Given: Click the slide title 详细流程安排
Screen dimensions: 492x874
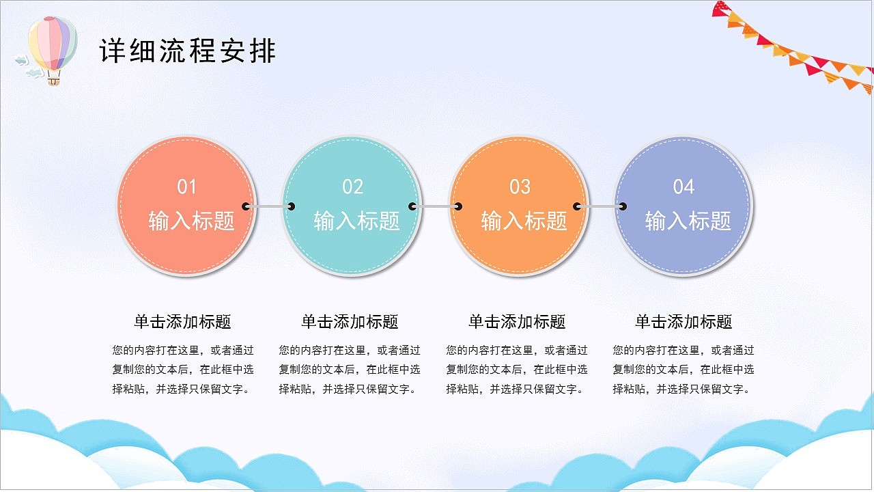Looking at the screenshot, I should pyautogui.click(x=188, y=52).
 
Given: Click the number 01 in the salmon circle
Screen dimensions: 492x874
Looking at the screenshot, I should pyautogui.click(x=187, y=187).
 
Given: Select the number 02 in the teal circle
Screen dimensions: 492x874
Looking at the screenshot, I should pyautogui.click(x=353, y=187).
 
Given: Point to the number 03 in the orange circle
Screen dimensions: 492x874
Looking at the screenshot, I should pyautogui.click(x=520, y=187).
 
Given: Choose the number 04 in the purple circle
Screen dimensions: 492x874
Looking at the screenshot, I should pyautogui.click(x=683, y=187).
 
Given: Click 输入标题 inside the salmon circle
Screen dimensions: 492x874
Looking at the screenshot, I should pyautogui.click(x=191, y=221).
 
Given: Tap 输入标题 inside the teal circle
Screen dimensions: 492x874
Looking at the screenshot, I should pyautogui.click(x=356, y=221).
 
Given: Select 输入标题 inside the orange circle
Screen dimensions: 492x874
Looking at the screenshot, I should pyautogui.click(x=524, y=221).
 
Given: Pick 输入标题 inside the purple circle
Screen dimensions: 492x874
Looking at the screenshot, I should pyautogui.click(x=688, y=221).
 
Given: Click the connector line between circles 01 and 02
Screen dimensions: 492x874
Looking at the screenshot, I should pyautogui.click(x=268, y=206).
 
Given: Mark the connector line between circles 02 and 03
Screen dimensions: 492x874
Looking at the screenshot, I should pyautogui.click(x=436, y=206).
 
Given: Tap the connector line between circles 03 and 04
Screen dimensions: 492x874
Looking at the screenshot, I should pyautogui.click(x=600, y=206).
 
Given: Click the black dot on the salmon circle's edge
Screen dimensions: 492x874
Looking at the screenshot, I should pyautogui.click(x=246, y=206).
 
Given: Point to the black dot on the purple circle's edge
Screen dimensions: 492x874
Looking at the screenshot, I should pyautogui.click(x=622, y=206).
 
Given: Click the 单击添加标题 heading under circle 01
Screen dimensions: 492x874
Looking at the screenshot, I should pyautogui.click(x=182, y=322).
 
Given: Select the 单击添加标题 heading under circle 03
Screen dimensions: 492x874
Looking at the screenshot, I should pyautogui.click(x=517, y=322).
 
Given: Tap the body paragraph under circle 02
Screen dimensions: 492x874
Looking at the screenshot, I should pyautogui.click(x=350, y=370).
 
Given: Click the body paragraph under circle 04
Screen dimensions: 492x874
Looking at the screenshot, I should pyautogui.click(x=683, y=370).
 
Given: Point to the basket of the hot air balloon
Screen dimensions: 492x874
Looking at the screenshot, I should pyautogui.click(x=54, y=81).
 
